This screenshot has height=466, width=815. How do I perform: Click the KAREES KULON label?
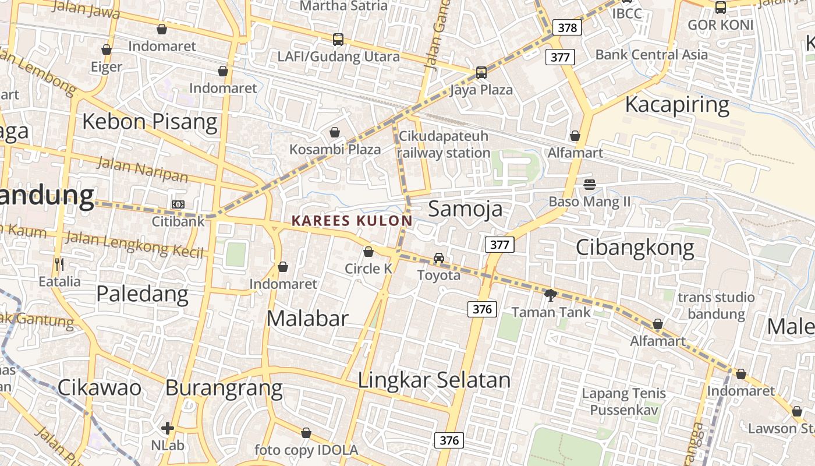coord(352,221)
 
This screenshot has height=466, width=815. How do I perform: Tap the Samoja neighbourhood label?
coord(465,209)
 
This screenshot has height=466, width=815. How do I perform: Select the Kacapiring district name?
coord(676,105)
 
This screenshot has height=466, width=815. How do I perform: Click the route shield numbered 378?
coord(567,27)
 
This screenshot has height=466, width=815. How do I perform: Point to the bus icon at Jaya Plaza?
coord(481,73)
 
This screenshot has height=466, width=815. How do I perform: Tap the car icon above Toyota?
coord(439,258)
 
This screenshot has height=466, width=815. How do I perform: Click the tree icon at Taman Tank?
coord(550,295)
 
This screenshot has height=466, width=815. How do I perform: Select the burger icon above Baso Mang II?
coord(589,185)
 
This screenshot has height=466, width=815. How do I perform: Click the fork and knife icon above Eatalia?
coord(59,264)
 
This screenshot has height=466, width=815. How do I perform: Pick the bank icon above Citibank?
coord(178,204)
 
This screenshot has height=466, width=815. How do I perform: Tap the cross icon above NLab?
coord(168,429)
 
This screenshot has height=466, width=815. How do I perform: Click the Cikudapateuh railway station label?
coord(444,144)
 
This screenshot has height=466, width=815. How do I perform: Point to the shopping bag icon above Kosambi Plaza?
coord(335,132)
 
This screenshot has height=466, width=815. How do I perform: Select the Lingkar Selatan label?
coord(434,380)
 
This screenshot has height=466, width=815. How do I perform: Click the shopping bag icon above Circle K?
coord(368,252)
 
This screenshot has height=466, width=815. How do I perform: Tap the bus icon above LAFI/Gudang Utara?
coord(338,40)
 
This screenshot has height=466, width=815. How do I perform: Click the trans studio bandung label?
coord(716,306)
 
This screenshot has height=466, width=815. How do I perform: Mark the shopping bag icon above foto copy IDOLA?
coord(306,433)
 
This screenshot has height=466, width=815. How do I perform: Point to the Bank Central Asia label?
coord(651,55)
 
